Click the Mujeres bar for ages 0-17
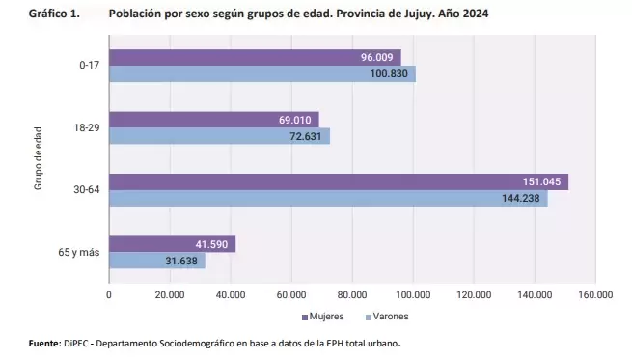255,57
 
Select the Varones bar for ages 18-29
220,136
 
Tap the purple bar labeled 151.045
339,181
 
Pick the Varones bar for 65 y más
157,261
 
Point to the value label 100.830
389,73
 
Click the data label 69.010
295,120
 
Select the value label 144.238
521,198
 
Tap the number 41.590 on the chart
211,244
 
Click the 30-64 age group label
86,189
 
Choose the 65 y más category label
79,252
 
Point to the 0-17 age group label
89,65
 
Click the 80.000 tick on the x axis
352,295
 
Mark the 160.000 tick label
595,295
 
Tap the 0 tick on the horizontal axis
109,295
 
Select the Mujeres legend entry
323,317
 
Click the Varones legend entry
387,317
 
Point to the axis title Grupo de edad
38,158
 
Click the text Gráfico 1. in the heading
54,14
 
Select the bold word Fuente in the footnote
44,344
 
